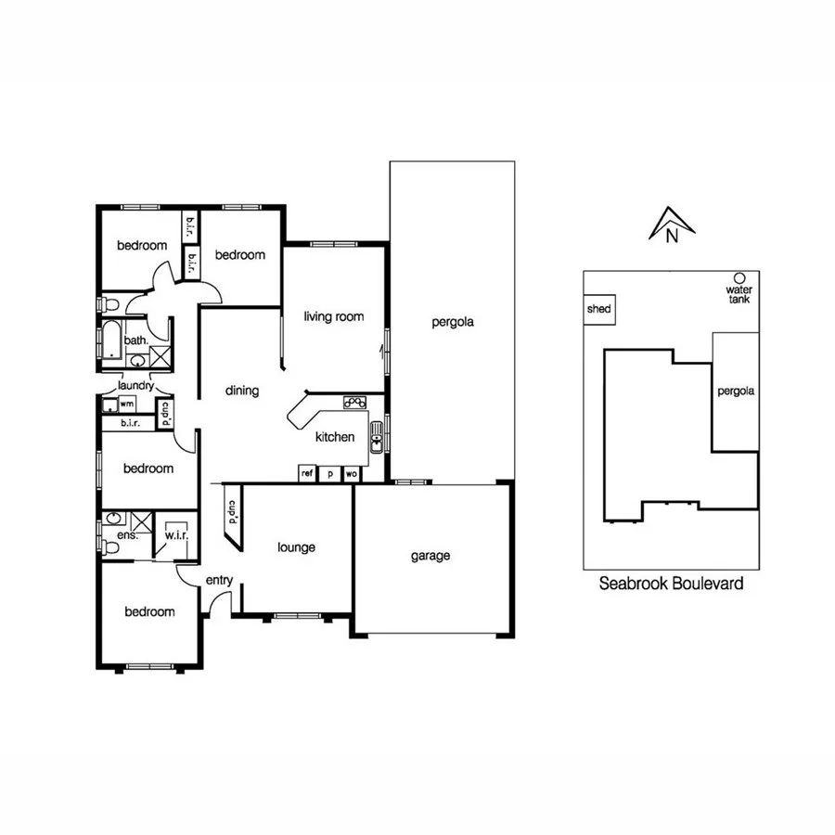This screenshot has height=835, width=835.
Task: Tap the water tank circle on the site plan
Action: click(739, 277)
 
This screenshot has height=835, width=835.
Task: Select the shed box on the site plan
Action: click(599, 309)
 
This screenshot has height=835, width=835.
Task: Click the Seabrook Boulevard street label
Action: click(671, 584)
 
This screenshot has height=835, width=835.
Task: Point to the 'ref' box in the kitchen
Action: click(307, 473)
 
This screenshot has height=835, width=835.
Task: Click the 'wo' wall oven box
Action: click(352, 473)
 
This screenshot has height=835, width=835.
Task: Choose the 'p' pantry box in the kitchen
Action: click(329, 473)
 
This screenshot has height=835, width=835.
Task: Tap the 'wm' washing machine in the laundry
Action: click(126, 405)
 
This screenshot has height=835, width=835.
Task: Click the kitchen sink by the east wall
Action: click(377, 437)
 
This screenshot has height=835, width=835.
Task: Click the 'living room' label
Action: click(333, 316)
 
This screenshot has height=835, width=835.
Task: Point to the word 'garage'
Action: click(430, 556)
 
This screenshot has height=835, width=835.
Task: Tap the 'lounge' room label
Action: click(296, 547)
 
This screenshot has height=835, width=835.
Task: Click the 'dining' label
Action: click(242, 391)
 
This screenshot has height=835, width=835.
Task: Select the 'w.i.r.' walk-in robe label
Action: click(176, 534)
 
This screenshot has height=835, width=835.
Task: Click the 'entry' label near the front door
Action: click(219, 580)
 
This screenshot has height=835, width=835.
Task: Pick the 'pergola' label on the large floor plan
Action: click(453, 323)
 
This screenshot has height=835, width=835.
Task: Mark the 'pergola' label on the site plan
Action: click(736, 391)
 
